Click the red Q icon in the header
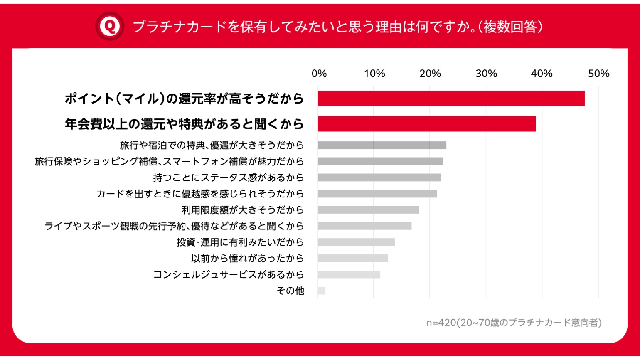click(110, 26)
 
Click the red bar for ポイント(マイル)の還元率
click(451, 99)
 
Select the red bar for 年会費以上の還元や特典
click(426, 124)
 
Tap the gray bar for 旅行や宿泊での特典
click(382, 145)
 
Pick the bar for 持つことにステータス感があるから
click(379, 178)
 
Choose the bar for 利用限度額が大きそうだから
click(368, 210)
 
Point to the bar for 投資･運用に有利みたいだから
click(356, 242)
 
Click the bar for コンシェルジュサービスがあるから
click(349, 274)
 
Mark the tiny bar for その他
click(321, 291)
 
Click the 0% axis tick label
click(319, 74)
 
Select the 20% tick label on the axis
click(430, 74)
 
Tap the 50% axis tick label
click(598, 74)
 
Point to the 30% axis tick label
click(486, 74)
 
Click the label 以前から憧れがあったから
click(247, 258)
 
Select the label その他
click(290, 291)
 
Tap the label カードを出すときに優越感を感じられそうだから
click(200, 194)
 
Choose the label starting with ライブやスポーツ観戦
click(174, 226)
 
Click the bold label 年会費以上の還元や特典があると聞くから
click(184, 124)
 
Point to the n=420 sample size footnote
click(514, 323)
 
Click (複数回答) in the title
click(511, 27)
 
